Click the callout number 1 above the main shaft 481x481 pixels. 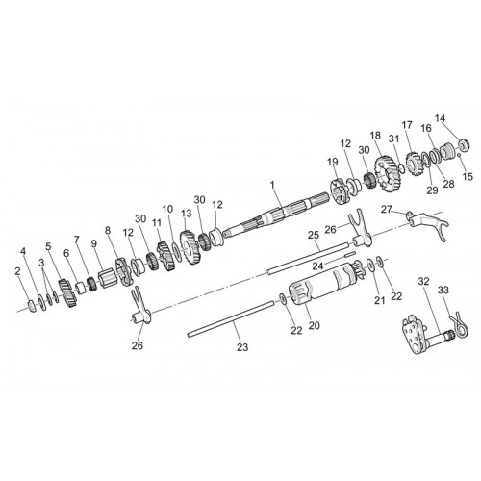click(x=272, y=185)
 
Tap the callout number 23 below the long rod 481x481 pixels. click(x=242, y=347)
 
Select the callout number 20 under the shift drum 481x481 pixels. click(x=315, y=325)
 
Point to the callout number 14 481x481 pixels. click(x=441, y=118)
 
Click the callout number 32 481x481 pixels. click(x=423, y=282)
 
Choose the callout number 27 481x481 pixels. click(x=387, y=210)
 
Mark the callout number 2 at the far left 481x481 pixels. click(x=18, y=271)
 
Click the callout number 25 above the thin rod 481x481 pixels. click(x=314, y=235)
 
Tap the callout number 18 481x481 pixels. click(x=375, y=136)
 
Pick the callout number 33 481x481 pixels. click(x=443, y=290)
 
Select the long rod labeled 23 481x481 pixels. click(x=231, y=318)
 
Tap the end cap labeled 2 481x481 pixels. click(x=32, y=305)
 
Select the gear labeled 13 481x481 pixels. click(x=190, y=247)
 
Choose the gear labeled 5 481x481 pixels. click(x=67, y=293)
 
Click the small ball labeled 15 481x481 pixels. click(x=459, y=155)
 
